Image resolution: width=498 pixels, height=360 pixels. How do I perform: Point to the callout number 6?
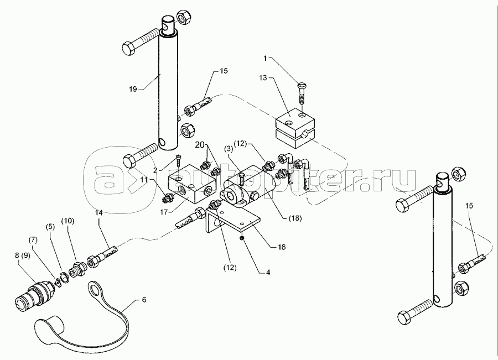[144, 300]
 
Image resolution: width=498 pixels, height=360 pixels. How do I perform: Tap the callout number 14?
[98, 212]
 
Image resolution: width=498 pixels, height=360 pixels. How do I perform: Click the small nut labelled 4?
[242, 238]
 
